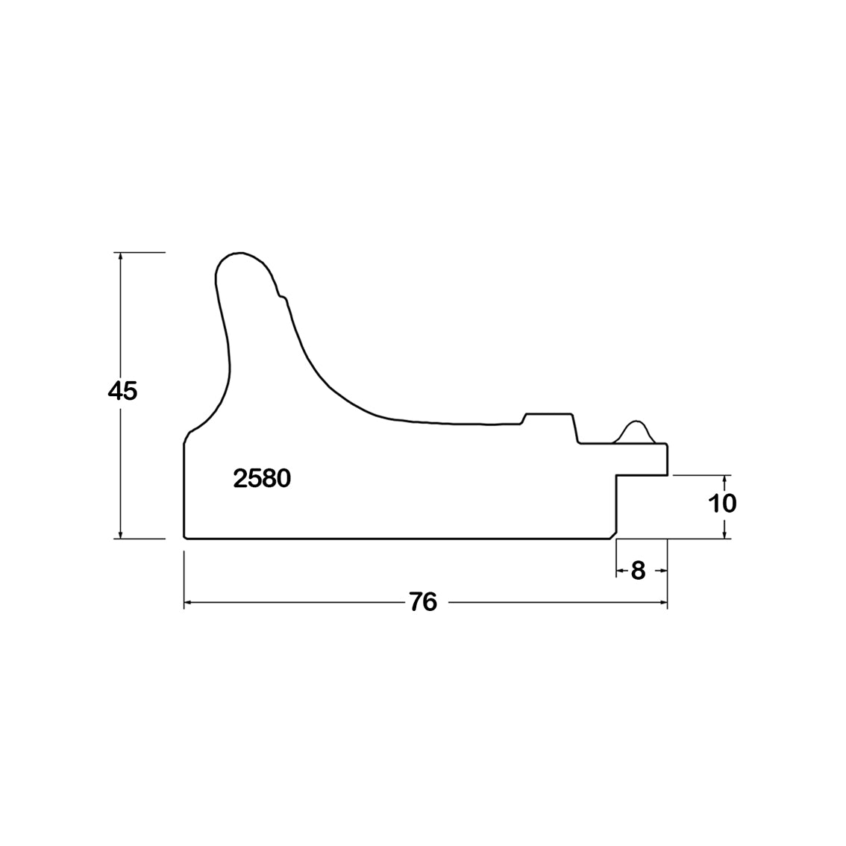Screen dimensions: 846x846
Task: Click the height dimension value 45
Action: [122, 391]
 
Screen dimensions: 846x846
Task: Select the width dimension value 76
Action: [423, 602]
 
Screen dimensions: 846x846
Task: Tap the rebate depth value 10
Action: [722, 504]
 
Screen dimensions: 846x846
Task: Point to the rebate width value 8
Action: [639, 570]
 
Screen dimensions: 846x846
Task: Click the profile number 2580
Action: [262, 478]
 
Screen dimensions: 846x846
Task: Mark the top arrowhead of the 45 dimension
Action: [120, 257]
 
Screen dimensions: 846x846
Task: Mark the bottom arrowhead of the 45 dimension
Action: [120, 533]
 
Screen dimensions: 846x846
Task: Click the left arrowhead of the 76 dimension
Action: [190, 602]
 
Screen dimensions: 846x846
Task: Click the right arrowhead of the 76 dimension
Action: [662, 602]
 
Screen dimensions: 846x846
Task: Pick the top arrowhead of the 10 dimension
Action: [725, 480]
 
